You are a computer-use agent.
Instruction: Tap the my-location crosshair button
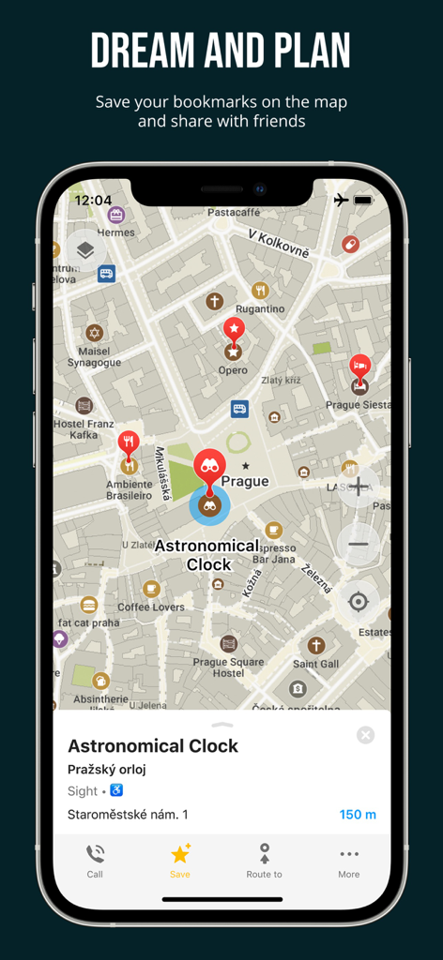click(x=358, y=600)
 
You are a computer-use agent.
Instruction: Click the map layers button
click(x=85, y=250)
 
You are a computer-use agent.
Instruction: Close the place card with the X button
click(x=365, y=735)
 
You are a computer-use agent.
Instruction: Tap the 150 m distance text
click(x=358, y=815)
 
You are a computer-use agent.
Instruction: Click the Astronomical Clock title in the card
click(x=153, y=746)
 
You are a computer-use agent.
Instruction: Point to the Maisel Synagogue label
click(x=94, y=357)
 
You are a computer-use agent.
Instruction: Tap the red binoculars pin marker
click(x=210, y=467)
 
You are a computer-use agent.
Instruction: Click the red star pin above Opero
click(x=234, y=329)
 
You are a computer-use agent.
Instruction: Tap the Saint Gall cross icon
click(x=316, y=645)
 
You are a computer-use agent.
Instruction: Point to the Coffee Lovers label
click(x=151, y=607)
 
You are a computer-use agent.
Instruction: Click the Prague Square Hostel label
click(x=229, y=667)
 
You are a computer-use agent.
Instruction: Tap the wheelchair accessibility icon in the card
click(x=116, y=790)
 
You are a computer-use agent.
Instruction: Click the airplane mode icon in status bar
click(x=341, y=200)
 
